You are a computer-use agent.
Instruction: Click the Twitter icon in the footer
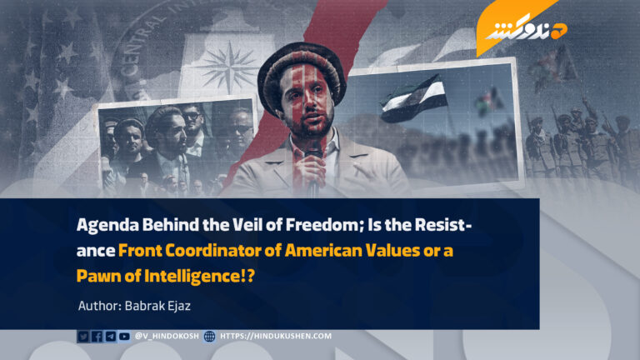tap(83, 337)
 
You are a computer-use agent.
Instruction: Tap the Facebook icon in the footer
tap(97, 337)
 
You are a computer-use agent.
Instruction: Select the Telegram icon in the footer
tap(111, 337)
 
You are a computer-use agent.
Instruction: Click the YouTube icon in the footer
tap(124, 337)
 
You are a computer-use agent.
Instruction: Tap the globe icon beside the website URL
tap(209, 337)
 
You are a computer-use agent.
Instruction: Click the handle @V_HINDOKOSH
tap(167, 336)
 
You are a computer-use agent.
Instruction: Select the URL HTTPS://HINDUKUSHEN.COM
tap(276, 336)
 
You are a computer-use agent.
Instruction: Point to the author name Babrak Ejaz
tap(157, 306)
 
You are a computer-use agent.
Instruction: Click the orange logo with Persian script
tap(521, 28)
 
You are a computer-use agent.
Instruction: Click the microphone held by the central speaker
tap(313, 163)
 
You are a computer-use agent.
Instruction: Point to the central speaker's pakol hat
tap(301, 69)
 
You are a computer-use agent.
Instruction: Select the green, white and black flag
tap(413, 98)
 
